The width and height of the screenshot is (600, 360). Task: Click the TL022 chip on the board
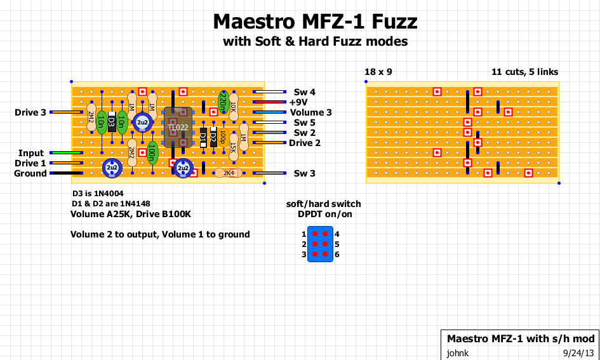(x=178, y=128)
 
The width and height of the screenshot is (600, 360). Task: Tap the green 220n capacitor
(x=223, y=102)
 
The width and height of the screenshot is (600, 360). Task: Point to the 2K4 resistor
(x=227, y=173)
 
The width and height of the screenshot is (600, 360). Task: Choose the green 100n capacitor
(x=152, y=152)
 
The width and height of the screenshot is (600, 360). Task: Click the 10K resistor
(x=234, y=107)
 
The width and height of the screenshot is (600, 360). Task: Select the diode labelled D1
(x=203, y=137)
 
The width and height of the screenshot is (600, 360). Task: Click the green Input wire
(x=66, y=153)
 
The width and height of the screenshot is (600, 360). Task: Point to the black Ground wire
(x=66, y=173)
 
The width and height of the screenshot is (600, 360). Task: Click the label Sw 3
(x=304, y=173)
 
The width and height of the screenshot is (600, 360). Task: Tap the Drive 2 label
(x=305, y=143)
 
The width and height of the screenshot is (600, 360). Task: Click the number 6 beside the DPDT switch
(x=337, y=254)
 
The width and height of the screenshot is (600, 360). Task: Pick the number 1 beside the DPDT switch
(x=304, y=234)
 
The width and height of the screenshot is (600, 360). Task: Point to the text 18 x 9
(x=378, y=72)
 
